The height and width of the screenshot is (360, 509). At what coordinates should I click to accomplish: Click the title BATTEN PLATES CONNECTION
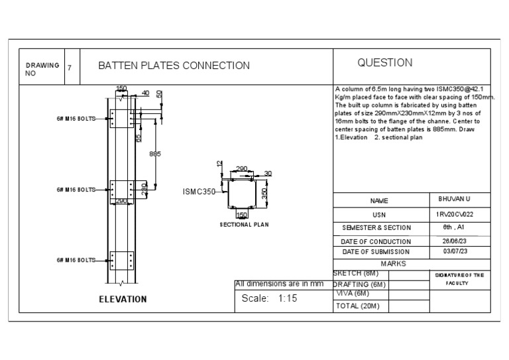pyautogui.click(x=174, y=66)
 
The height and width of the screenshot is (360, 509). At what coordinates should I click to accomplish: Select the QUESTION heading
pyautogui.click(x=384, y=63)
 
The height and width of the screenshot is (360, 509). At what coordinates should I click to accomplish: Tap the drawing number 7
pyautogui.click(x=70, y=66)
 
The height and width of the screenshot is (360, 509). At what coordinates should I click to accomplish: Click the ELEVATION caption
pyautogui.click(x=123, y=299)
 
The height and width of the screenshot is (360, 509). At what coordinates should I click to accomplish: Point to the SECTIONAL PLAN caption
pyautogui.click(x=244, y=225)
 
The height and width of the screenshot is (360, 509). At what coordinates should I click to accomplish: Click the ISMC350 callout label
pyautogui.click(x=199, y=192)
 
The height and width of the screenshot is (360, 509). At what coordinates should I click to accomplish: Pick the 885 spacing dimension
pyautogui.click(x=155, y=153)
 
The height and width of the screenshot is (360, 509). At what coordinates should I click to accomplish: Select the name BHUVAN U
pyautogui.click(x=454, y=200)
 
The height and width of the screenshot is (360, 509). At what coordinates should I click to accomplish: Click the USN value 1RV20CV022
pyautogui.click(x=454, y=214)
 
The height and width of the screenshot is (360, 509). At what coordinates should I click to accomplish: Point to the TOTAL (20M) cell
pyautogui.click(x=361, y=306)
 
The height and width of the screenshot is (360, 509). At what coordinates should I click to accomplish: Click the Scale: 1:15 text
pyautogui.click(x=268, y=299)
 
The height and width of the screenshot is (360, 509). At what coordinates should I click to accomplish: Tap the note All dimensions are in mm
pyautogui.click(x=279, y=284)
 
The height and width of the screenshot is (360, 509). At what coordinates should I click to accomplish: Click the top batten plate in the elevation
pyautogui.click(x=122, y=118)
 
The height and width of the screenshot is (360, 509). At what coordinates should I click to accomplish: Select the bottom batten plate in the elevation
pyautogui.click(x=122, y=260)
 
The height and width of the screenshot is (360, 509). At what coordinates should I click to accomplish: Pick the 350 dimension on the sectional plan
pyautogui.click(x=263, y=193)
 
